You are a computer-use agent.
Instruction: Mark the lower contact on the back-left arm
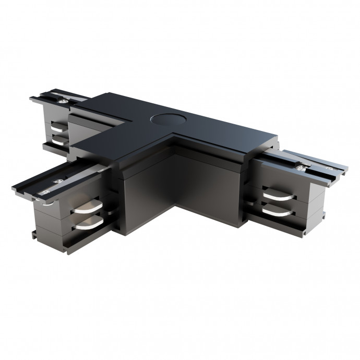click(x=61, y=140)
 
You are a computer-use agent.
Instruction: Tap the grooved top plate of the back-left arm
click(x=52, y=97)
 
